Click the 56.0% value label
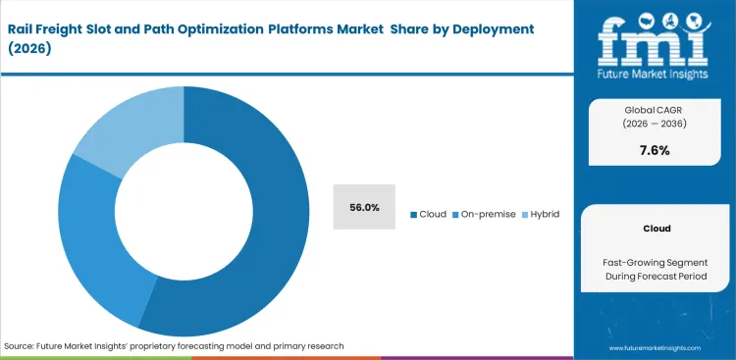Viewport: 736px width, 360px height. [364, 207]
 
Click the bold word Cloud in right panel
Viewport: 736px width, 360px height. [657, 228]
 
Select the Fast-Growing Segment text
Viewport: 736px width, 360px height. [657, 262]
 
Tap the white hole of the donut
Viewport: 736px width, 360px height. [184, 212]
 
